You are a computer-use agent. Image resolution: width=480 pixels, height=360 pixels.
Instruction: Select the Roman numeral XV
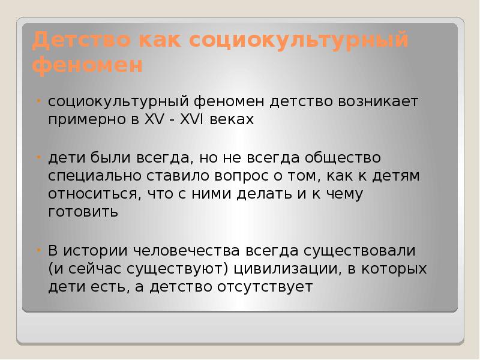pos(149,119)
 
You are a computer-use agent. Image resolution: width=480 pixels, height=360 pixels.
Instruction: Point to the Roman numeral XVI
pos(191,119)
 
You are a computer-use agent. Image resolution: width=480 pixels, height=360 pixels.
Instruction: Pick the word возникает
pos(376,101)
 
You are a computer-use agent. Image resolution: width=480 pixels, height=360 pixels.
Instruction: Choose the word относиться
pos(92,194)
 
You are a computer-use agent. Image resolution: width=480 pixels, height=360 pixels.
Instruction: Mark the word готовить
pos(83,212)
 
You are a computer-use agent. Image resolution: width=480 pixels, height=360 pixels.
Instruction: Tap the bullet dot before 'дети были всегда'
pos(38,157)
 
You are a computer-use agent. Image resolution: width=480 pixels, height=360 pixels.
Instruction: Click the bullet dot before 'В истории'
pos(38,249)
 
